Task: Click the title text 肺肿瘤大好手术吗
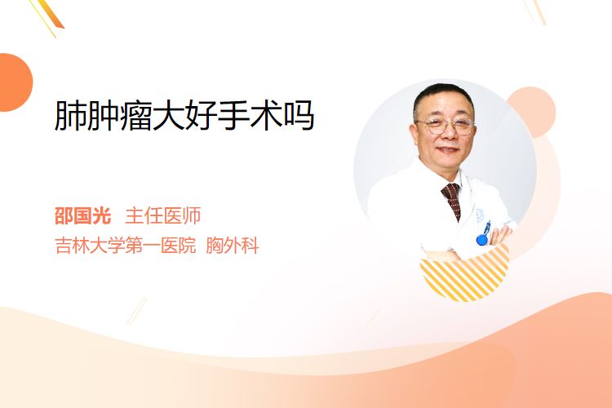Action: click(184, 115)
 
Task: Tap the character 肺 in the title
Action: click(70, 115)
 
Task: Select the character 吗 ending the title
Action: click(299, 116)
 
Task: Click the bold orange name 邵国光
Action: click(82, 215)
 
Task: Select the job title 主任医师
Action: click(163, 215)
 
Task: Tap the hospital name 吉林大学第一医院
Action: click(126, 246)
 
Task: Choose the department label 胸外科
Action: click(233, 246)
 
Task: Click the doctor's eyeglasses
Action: click(445, 126)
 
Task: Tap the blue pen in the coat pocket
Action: click(484, 233)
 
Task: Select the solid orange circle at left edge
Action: click(15, 82)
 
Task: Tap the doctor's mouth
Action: click(447, 149)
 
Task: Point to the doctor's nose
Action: click(448, 134)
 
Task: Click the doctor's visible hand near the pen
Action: click(501, 235)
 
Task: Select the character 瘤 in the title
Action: click(135, 115)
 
